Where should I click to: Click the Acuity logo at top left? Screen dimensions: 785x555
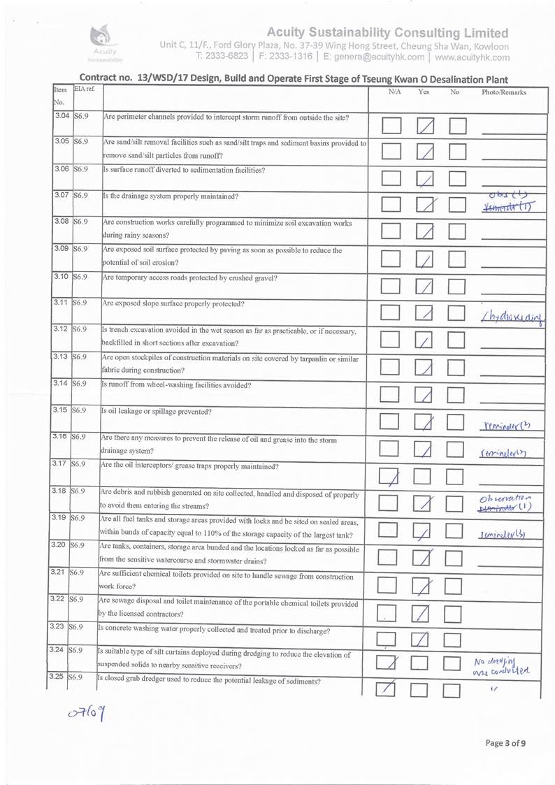coord(103,43)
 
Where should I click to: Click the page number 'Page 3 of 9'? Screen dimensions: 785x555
coord(505,743)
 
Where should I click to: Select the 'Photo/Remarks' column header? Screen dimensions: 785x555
coord(503,92)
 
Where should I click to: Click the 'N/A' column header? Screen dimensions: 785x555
coord(394,92)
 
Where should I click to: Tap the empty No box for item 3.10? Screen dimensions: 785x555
coord(458,286)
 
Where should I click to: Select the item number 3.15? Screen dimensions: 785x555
coord(61,410)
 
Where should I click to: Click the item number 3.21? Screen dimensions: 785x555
coord(61,572)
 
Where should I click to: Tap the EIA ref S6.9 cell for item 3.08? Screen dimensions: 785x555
coord(80,222)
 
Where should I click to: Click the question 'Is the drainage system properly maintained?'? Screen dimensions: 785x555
coord(171,196)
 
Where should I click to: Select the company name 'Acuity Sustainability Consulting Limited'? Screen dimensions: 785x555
coord(388,33)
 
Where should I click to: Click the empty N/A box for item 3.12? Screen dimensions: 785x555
coord(391,340)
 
